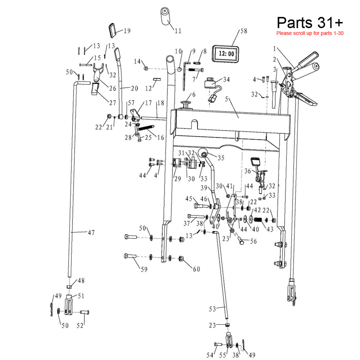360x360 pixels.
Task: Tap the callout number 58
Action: coord(244,31)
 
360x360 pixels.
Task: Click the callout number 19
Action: coord(127,31)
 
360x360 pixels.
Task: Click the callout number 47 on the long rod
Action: coord(91,233)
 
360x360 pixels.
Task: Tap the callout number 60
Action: coord(197,269)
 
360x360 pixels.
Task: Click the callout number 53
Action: coord(213,309)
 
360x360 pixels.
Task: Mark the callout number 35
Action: coord(221,157)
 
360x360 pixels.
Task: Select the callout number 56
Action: coord(253,241)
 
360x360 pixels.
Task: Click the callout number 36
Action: coord(247,171)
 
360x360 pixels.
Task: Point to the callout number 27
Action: coord(112,102)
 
